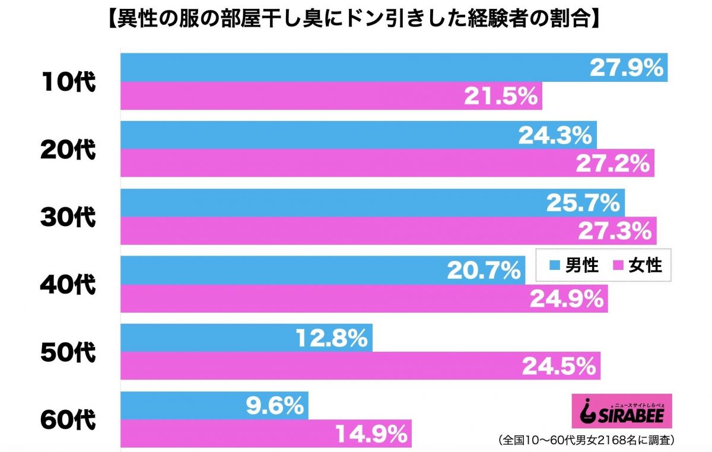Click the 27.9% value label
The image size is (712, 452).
tap(626, 68)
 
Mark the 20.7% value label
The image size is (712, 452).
tap(483, 271)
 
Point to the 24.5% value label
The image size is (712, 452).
tap(558, 367)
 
